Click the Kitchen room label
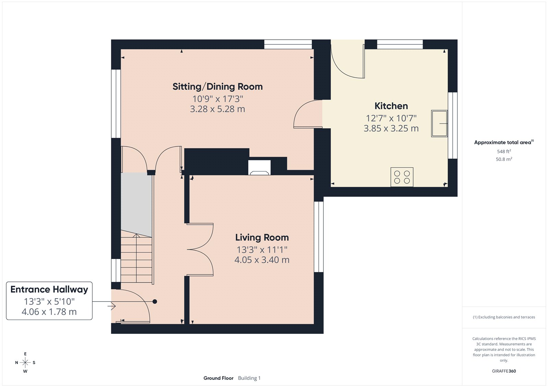coord(391,106)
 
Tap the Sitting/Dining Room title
coord(217,87)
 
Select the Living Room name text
coord(262,237)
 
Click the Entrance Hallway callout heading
coord(49,289)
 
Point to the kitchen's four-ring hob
coord(402,177)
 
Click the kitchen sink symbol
coord(439,124)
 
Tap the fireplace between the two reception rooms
coord(259,168)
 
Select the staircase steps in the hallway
coord(136,258)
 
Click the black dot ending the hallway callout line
coord(155,301)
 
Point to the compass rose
coord(25,362)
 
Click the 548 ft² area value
coord(504,151)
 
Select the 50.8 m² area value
coord(504,159)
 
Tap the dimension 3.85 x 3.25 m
coord(391,129)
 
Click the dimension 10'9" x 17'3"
coord(217,99)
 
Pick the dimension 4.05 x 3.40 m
coord(262,260)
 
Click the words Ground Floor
coord(218,378)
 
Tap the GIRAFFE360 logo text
coord(504,371)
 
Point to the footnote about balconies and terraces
coord(504,317)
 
